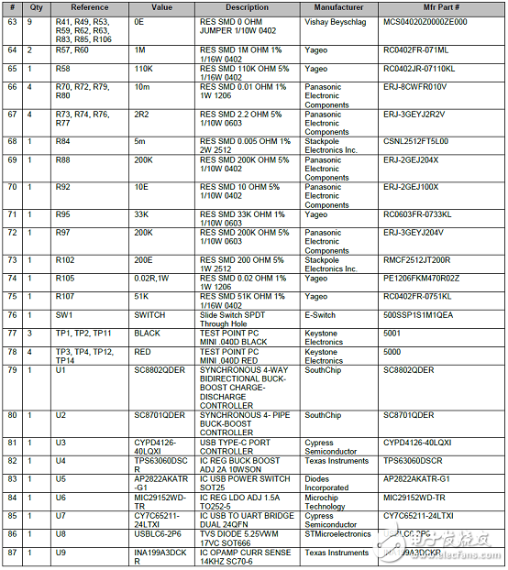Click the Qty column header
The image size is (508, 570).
click(37, 7)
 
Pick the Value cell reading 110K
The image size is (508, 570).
click(144, 69)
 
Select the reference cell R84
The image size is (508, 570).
click(63, 142)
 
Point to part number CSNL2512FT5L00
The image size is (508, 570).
click(415, 142)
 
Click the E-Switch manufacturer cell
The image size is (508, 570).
click(322, 314)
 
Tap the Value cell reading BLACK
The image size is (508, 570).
click(148, 333)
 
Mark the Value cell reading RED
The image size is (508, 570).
click(143, 351)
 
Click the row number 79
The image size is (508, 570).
click(12, 369)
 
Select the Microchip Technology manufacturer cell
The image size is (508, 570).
click(326, 501)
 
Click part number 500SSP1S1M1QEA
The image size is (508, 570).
click(418, 314)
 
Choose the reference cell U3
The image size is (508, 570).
click(61, 443)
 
